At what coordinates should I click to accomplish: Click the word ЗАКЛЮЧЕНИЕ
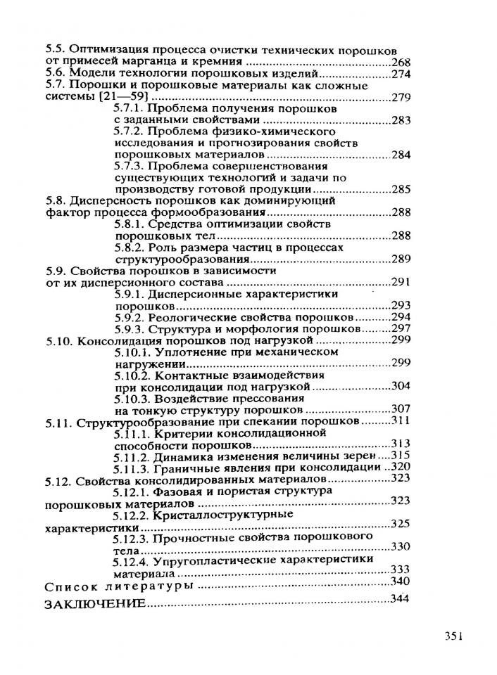95,605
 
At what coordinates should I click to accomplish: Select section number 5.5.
54,51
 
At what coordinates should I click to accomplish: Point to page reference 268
400,63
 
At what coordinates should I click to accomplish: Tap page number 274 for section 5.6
400,74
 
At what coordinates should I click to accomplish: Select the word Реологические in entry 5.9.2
186,318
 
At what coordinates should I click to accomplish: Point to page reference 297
400,328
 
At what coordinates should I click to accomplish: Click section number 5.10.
57,340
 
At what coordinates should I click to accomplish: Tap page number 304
400,386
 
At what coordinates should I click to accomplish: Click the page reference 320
400,467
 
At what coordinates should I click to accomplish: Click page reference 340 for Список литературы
399,581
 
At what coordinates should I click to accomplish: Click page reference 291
400,283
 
